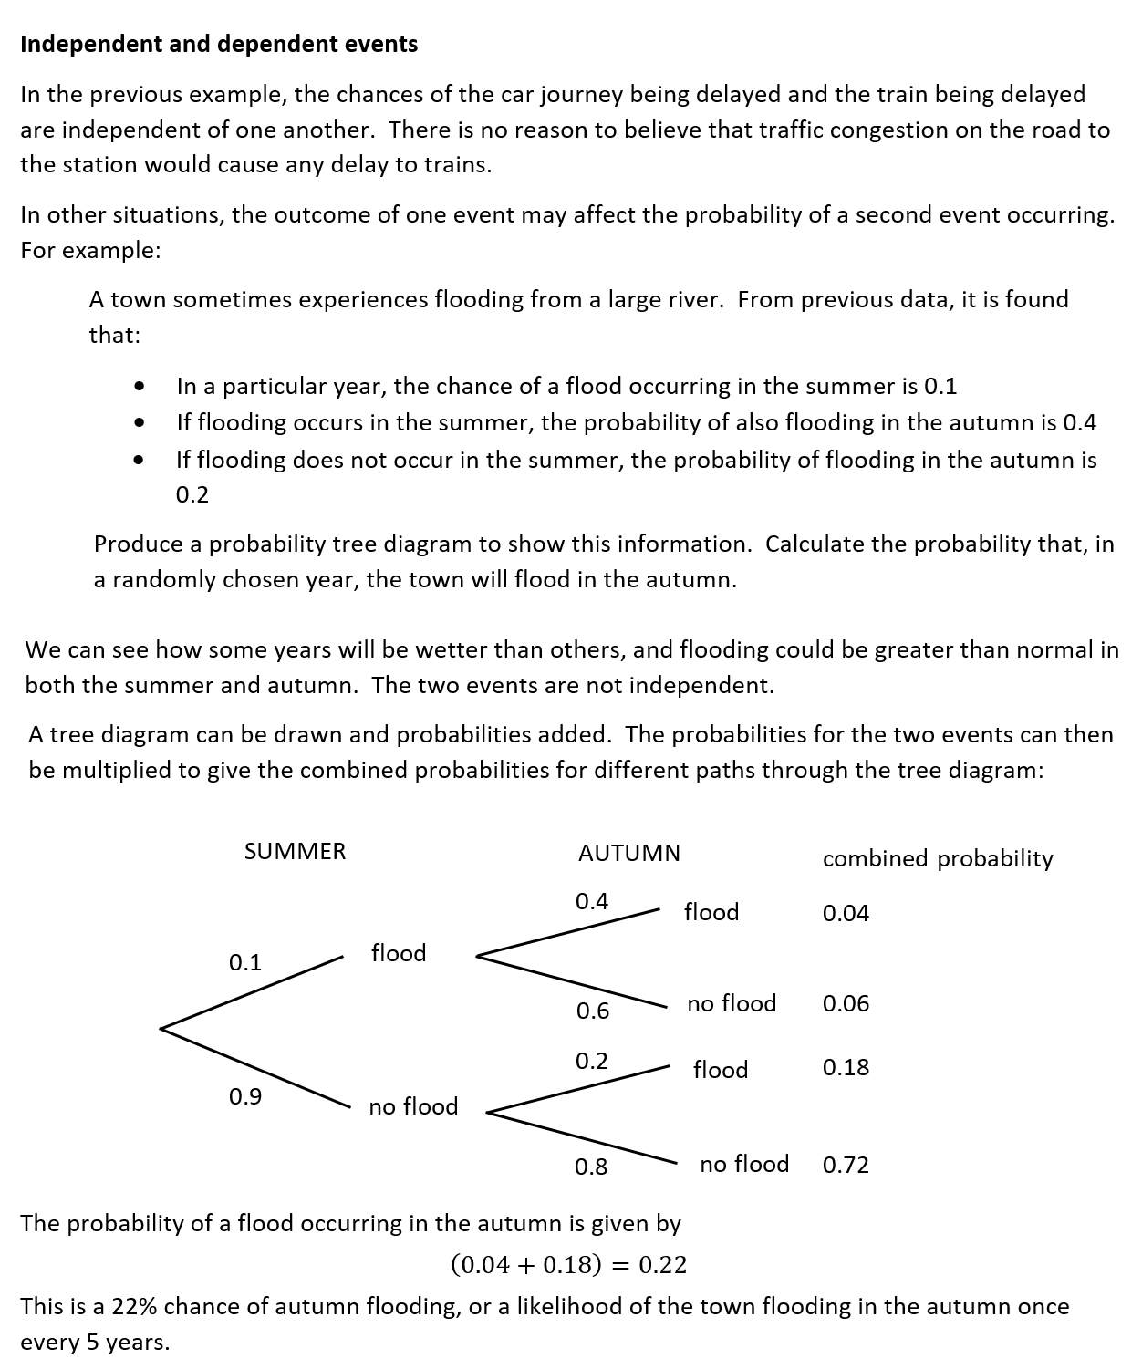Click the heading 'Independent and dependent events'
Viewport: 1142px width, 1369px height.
tap(219, 44)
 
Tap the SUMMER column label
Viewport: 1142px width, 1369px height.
tap(295, 851)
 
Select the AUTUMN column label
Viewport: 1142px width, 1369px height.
tap(628, 853)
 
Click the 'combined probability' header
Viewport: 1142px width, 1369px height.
tap(937, 858)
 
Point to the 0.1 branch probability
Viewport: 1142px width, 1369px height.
tap(244, 962)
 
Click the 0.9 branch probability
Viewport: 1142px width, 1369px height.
tap(244, 1096)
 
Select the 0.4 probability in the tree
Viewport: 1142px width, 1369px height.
tap(591, 901)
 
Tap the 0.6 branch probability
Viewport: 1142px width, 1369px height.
tap(592, 1011)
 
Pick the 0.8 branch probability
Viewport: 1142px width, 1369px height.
tap(591, 1167)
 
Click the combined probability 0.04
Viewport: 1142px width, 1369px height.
tap(846, 913)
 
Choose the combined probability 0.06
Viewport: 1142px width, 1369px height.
tap(846, 1003)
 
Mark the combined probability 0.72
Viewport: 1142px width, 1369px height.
tap(846, 1165)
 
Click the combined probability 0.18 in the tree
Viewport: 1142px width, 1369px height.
tap(846, 1067)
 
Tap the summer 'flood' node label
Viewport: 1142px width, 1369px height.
tap(399, 953)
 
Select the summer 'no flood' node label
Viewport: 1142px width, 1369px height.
tap(413, 1106)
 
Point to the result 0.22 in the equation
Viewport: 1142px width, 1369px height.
tap(662, 1265)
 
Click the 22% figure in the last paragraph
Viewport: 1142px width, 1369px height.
tap(134, 1306)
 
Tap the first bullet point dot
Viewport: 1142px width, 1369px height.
tap(139, 387)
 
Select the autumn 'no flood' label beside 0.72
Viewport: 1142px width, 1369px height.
tap(744, 1164)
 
